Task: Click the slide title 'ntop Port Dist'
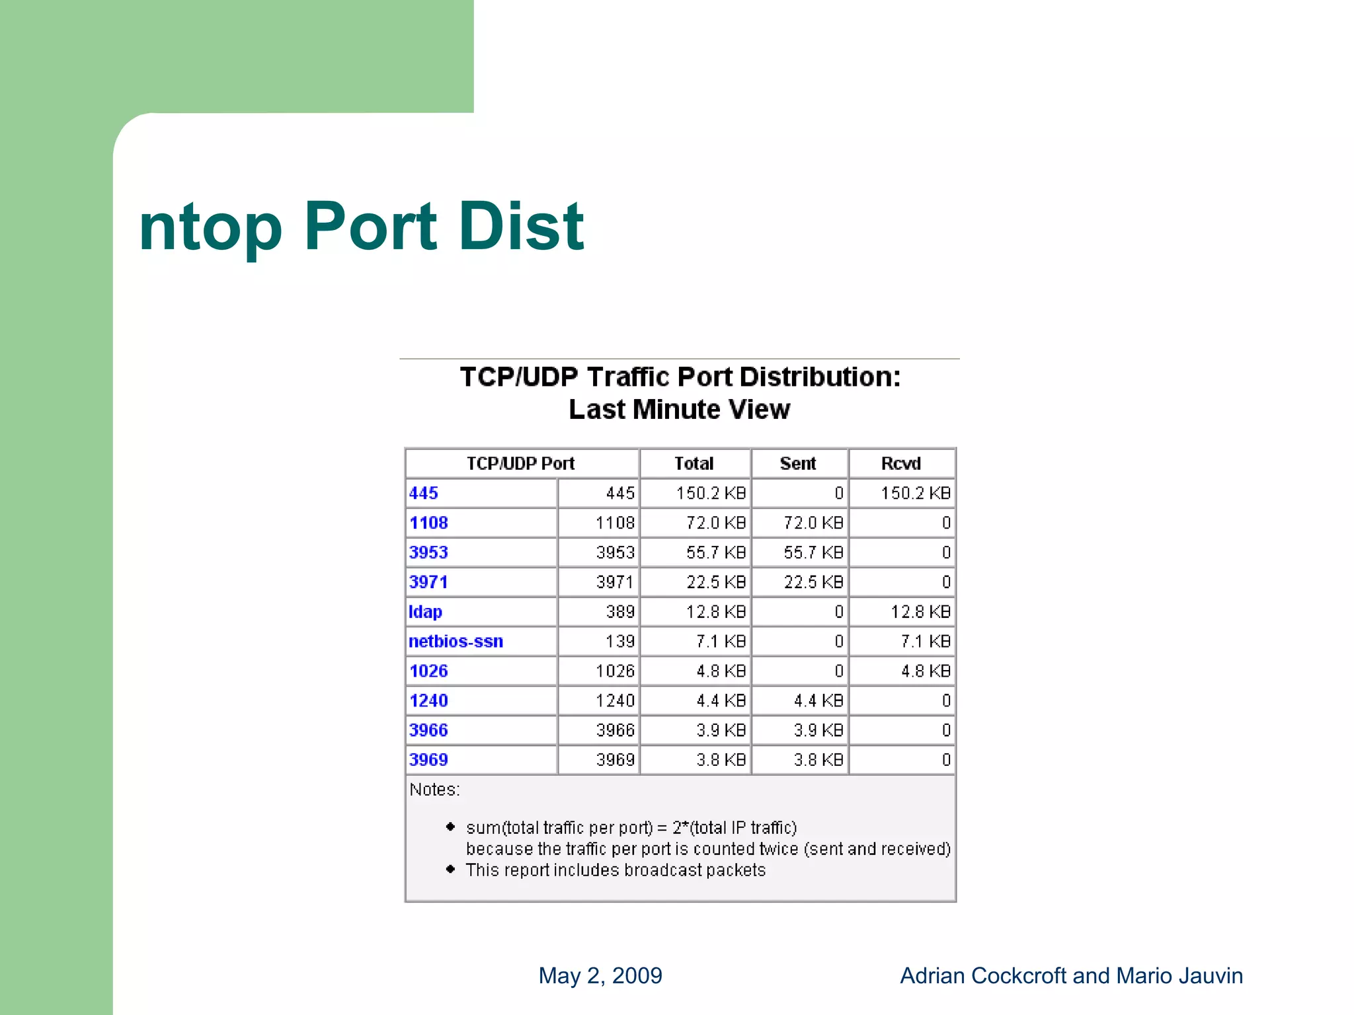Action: [361, 227]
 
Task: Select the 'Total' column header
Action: [694, 463]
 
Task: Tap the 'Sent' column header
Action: [798, 463]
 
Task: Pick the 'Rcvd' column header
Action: [900, 463]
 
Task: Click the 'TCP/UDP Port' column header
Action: [520, 463]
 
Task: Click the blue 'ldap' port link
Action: [425, 612]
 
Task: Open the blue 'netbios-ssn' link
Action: [456, 642]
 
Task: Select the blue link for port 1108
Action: [428, 523]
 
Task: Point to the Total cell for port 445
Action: [710, 493]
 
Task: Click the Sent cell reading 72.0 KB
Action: [813, 523]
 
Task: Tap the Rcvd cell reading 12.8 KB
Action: [920, 612]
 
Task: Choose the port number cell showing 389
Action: [619, 612]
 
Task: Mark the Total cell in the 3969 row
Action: [720, 760]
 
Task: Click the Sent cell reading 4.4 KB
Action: [818, 700]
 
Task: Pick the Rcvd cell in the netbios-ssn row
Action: [925, 642]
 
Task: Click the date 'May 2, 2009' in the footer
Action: [600, 975]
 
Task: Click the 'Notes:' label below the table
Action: [434, 790]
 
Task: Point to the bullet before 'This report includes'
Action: [450, 869]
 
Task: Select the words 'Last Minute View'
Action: [679, 410]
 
